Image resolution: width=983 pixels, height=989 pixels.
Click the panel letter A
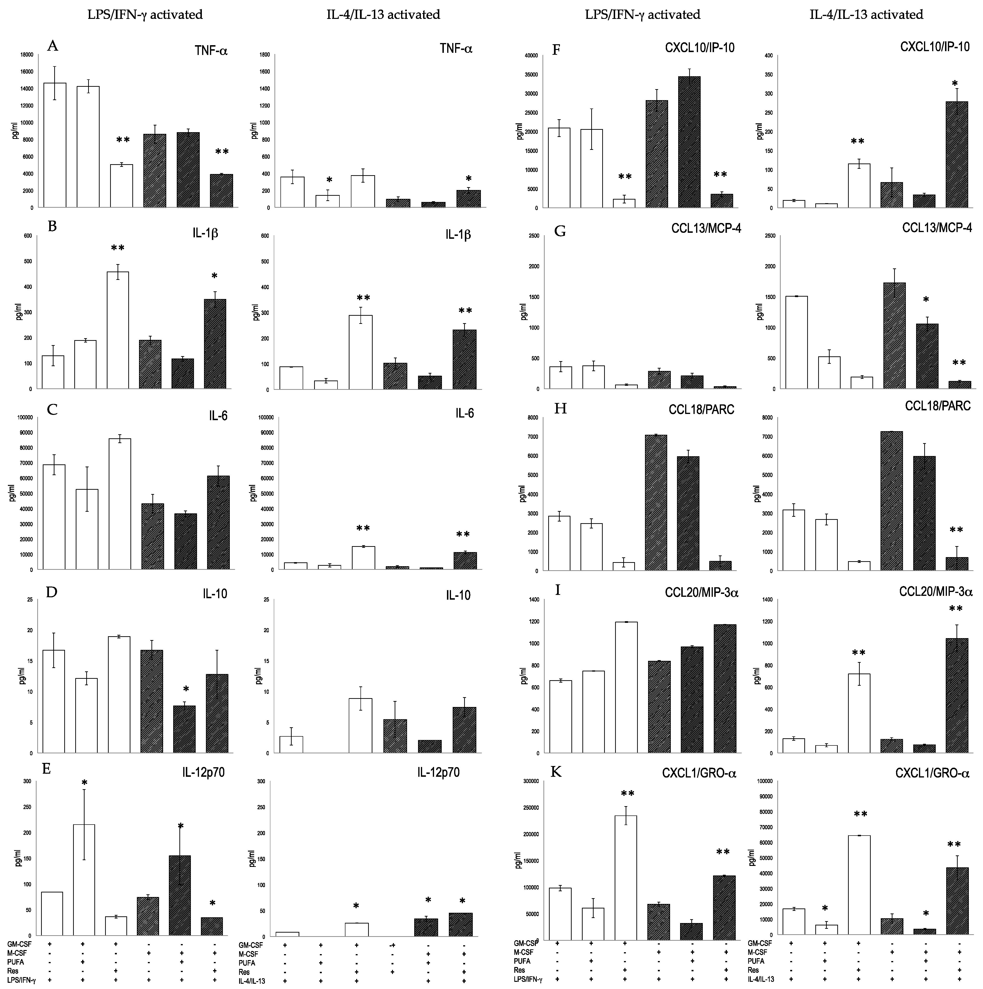click(x=52, y=47)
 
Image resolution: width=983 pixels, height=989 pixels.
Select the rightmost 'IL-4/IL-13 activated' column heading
click(x=866, y=14)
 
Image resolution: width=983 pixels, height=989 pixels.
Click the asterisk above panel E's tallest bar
click(x=84, y=783)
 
